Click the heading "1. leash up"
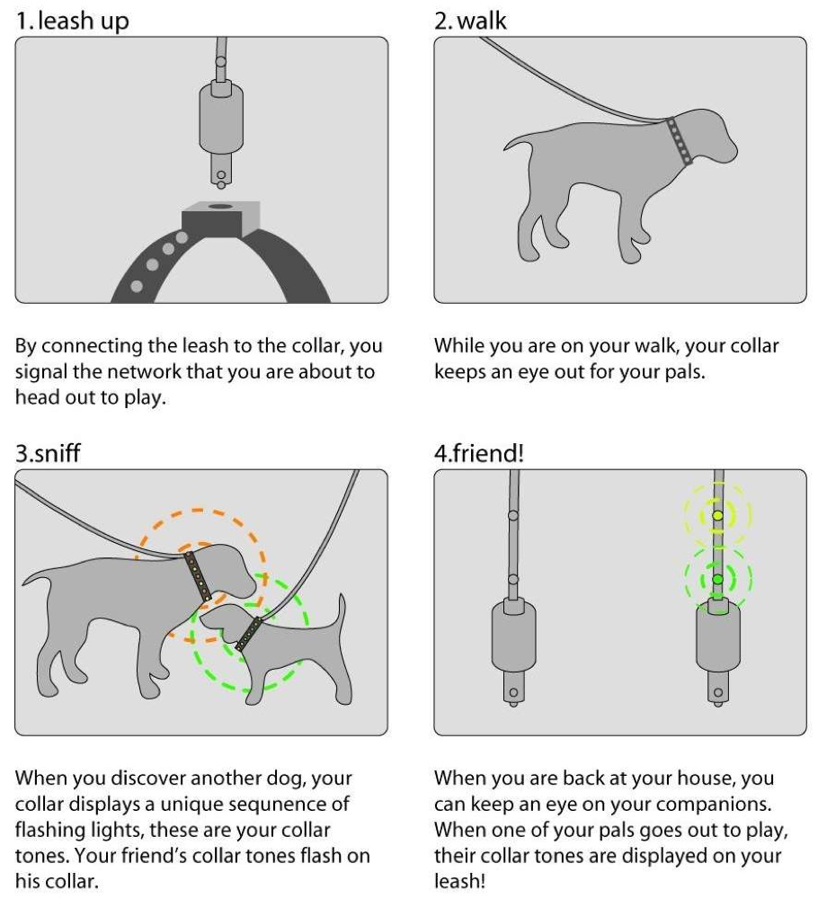[73, 20]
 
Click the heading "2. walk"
[470, 20]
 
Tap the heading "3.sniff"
[48, 452]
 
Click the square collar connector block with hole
[219, 218]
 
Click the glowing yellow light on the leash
[717, 515]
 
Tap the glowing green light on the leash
[717, 579]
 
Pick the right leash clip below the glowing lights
[717, 643]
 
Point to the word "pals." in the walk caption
[683, 372]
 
